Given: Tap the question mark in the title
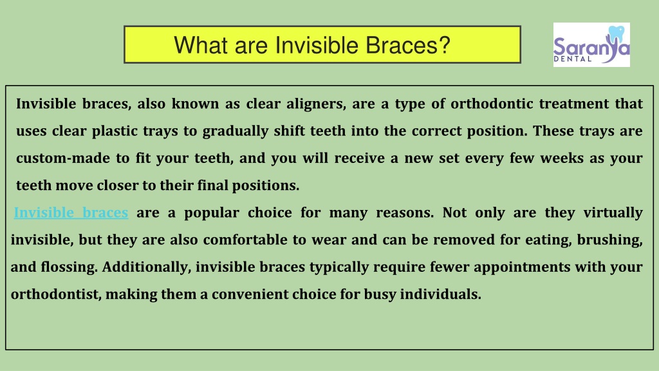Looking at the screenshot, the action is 444,44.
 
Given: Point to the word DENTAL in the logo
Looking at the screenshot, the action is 572,59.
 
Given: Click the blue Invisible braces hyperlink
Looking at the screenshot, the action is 71,213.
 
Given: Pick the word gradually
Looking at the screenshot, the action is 236,131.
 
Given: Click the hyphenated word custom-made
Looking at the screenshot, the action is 66,158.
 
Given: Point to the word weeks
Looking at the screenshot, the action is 562,158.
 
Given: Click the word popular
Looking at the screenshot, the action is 211,213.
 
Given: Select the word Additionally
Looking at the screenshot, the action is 147,267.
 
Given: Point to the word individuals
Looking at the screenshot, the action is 440,294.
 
